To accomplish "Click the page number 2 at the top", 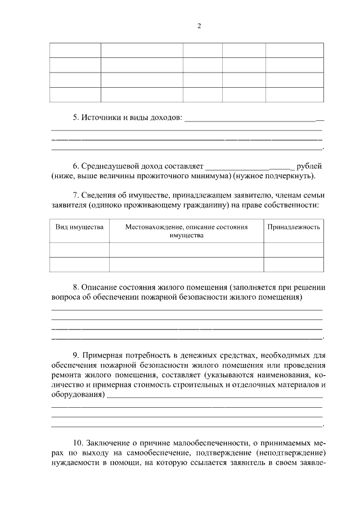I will (x=199, y=26).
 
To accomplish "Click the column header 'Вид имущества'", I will (x=79, y=227).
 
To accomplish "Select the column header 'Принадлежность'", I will (x=294, y=227).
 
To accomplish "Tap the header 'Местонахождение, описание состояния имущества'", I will (x=186, y=231).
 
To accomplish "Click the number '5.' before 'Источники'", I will (x=76, y=118).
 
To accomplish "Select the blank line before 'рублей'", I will (x=250, y=168).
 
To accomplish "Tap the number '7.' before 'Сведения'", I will (x=76, y=195).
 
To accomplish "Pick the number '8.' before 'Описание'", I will (x=76, y=287).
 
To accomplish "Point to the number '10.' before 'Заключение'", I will (x=79, y=443).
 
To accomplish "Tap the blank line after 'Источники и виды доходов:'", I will (x=254, y=120).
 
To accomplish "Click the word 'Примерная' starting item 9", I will (x=101, y=355).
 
